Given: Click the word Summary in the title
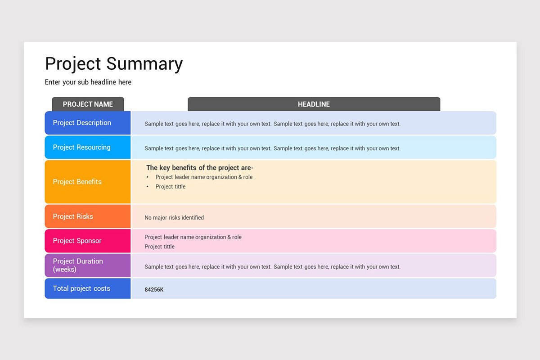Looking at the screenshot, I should click(145, 63).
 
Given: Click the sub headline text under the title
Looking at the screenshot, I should click(88, 82).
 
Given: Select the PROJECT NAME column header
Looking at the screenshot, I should click(88, 104).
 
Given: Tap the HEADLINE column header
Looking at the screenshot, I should click(314, 104).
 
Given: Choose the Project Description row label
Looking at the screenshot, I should click(82, 123).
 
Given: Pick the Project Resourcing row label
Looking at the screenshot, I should click(81, 147).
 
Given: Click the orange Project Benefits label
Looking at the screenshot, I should click(77, 182).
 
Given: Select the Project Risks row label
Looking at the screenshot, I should click(73, 216).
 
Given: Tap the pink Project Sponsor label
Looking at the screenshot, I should click(77, 241).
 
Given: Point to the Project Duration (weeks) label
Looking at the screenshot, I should click(78, 265).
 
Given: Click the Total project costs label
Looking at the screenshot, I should click(81, 288).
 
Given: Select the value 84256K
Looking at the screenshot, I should click(154, 290).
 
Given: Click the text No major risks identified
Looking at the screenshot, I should click(174, 218).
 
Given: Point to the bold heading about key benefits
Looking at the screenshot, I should click(200, 168).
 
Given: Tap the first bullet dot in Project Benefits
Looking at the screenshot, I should click(148, 177).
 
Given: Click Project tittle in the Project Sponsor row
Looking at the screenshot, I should click(159, 247).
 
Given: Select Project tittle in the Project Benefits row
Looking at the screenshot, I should click(171, 187).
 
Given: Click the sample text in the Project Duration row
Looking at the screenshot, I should click(272, 267).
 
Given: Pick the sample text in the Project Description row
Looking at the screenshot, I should click(272, 124).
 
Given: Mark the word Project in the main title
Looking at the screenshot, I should click(73, 63).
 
